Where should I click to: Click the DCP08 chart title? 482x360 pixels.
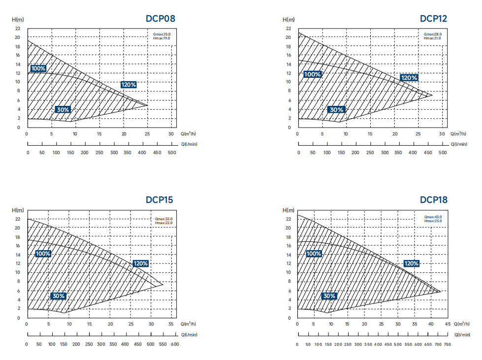(x=160, y=19)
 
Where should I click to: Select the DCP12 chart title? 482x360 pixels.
(x=433, y=19)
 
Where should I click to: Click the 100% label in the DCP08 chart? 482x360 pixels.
(x=38, y=68)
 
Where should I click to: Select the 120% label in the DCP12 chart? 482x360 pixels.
(x=409, y=78)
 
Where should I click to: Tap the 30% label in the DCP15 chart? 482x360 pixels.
(x=58, y=296)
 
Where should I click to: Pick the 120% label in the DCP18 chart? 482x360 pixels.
(x=411, y=263)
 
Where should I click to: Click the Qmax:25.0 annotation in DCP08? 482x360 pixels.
(x=162, y=34)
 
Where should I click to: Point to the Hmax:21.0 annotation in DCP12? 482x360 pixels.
(x=433, y=38)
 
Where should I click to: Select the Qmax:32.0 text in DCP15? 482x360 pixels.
(x=163, y=219)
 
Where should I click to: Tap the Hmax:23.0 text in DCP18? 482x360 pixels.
(x=433, y=221)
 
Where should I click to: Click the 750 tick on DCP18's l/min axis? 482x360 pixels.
(x=447, y=344)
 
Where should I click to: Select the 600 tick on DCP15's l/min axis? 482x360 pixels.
(x=175, y=344)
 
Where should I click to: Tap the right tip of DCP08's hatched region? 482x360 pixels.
(x=148, y=105)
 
